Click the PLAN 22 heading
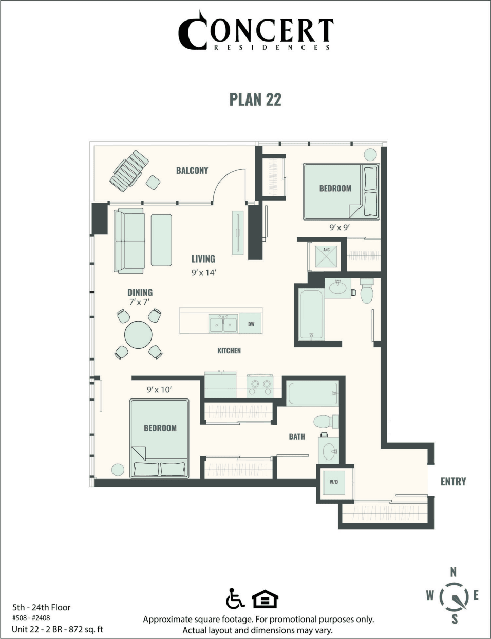click(x=255, y=98)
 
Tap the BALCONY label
click(x=192, y=170)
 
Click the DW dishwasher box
click(x=251, y=324)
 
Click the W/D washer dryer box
click(x=334, y=482)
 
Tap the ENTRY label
click(x=453, y=481)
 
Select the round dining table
click(x=138, y=335)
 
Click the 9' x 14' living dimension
click(x=203, y=273)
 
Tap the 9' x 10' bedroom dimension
click(x=159, y=390)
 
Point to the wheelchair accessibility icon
click(x=236, y=598)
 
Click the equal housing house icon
click(x=265, y=598)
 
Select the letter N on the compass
click(x=453, y=572)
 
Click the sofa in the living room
click(x=128, y=240)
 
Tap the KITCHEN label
click(x=229, y=351)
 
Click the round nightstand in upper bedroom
click(x=370, y=154)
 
